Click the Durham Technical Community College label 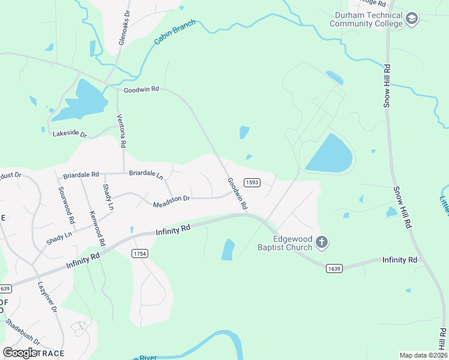point(365,19)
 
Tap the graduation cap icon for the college point(412,19)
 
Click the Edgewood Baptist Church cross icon point(322,242)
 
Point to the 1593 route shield point(252,182)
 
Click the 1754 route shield point(140,254)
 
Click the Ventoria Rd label point(122,131)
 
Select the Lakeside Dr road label point(70,134)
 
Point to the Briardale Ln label point(146,174)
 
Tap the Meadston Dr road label point(171,199)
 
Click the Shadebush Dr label point(23,331)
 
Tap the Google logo point(20,352)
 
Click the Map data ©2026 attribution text point(423,355)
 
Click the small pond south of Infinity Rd point(228,250)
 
